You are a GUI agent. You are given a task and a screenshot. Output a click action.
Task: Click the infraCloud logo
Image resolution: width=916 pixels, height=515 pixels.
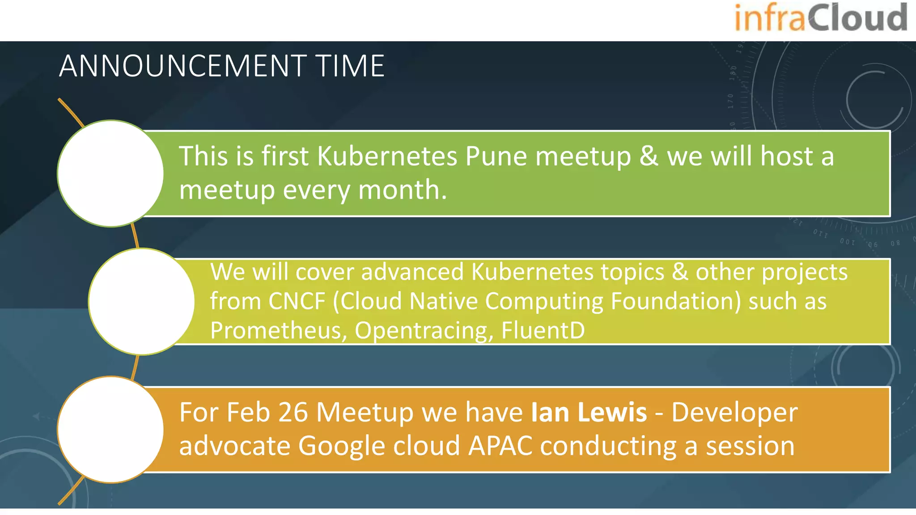click(x=821, y=18)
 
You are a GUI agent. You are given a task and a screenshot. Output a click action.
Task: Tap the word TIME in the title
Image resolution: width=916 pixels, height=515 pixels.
click(x=350, y=66)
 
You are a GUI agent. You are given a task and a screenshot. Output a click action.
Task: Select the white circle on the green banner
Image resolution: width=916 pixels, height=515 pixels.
click(x=110, y=173)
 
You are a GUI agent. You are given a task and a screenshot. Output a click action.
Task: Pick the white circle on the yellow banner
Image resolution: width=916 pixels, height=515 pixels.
click(x=141, y=301)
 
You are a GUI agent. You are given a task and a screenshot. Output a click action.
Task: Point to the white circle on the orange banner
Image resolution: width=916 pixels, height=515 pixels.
click(x=110, y=430)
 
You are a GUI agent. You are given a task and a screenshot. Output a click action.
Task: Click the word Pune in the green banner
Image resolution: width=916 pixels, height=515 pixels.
click(x=496, y=157)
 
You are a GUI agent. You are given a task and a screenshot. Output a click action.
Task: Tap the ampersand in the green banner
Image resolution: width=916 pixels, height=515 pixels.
click(x=649, y=156)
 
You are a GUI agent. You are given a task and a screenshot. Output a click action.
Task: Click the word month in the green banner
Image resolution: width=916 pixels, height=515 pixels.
click(x=402, y=190)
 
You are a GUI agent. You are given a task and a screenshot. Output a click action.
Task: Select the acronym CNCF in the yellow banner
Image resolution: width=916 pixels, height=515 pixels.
click(x=297, y=301)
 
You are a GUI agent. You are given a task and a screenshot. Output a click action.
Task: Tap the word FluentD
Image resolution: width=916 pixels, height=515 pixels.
click(x=543, y=330)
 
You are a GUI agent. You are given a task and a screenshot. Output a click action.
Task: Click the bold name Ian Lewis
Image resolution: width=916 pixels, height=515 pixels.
click(x=589, y=412)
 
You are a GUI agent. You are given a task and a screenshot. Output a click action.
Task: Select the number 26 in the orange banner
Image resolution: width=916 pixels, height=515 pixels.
click(x=293, y=412)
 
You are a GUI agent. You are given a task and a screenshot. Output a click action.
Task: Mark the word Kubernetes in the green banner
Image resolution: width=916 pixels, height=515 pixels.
click(x=387, y=156)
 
